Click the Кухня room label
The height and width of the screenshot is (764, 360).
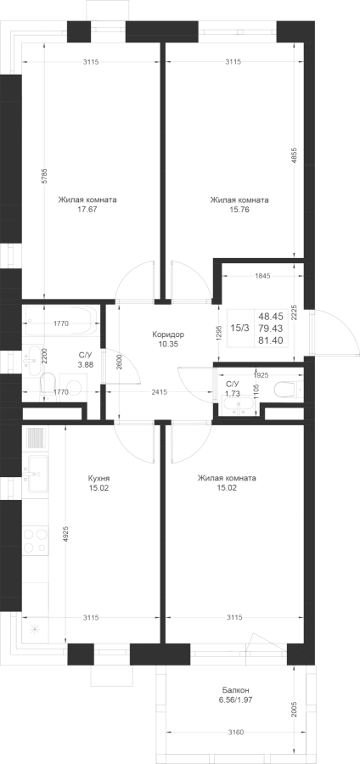pos(98,478)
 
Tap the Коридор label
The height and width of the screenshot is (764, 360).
pos(168,334)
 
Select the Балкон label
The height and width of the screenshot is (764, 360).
pos(236,690)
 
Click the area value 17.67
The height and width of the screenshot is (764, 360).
pos(87,209)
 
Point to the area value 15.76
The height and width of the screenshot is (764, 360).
pos(239,209)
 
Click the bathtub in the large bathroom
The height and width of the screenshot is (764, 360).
pos(61,322)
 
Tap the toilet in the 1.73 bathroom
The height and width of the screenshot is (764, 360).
pos(288,389)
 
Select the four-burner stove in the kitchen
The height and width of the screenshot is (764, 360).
pos(35,541)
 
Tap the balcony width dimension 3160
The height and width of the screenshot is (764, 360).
pos(236,732)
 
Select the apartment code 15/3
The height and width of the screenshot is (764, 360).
pos(239,328)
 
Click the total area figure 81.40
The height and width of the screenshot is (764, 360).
pos(272,340)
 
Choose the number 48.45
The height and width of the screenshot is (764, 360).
pos(272,316)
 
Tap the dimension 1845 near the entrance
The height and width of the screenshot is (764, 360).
pos(262,276)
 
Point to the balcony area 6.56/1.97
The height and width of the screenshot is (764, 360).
pos(236,699)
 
